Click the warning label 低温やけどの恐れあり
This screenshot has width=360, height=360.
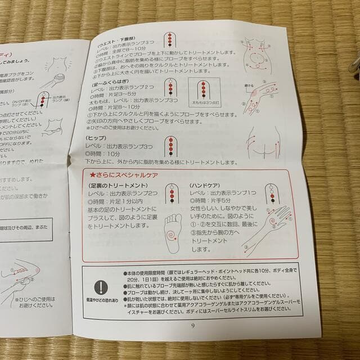click(x=101, y=302)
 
